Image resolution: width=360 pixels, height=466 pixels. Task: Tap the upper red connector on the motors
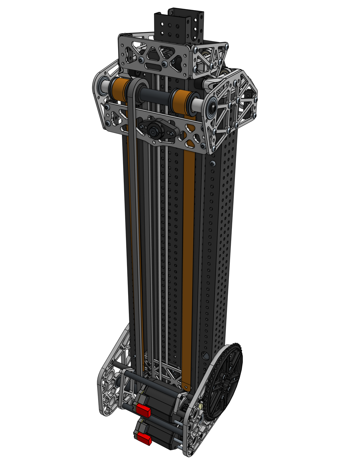tap(143, 409)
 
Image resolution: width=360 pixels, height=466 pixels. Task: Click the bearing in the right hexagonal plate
tap(211, 107)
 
